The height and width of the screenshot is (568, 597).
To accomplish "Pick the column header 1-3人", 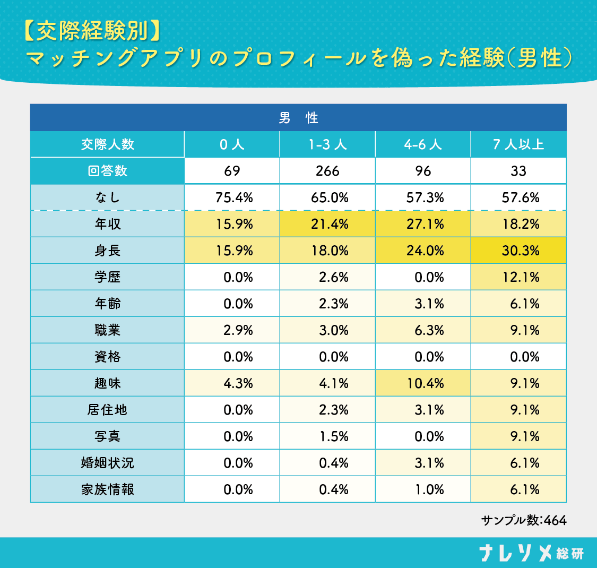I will coord(327,144).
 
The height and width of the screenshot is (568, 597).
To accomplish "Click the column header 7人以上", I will coord(518,144).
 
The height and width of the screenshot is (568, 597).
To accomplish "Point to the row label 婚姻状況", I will coord(108,463).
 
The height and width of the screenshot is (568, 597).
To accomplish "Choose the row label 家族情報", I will coord(108,489).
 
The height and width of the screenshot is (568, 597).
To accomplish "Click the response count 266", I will coord(327,171).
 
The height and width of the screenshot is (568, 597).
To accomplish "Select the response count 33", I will coord(518,171).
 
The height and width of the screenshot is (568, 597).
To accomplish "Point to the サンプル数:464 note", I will coord(524,520).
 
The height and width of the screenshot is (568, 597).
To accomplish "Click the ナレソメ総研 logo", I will coord(531,553).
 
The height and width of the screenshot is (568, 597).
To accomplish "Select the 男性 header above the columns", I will coord(298,118).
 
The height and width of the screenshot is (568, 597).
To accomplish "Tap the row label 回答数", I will coord(108,171).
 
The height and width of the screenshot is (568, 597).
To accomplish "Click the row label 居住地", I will coord(108,410).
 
